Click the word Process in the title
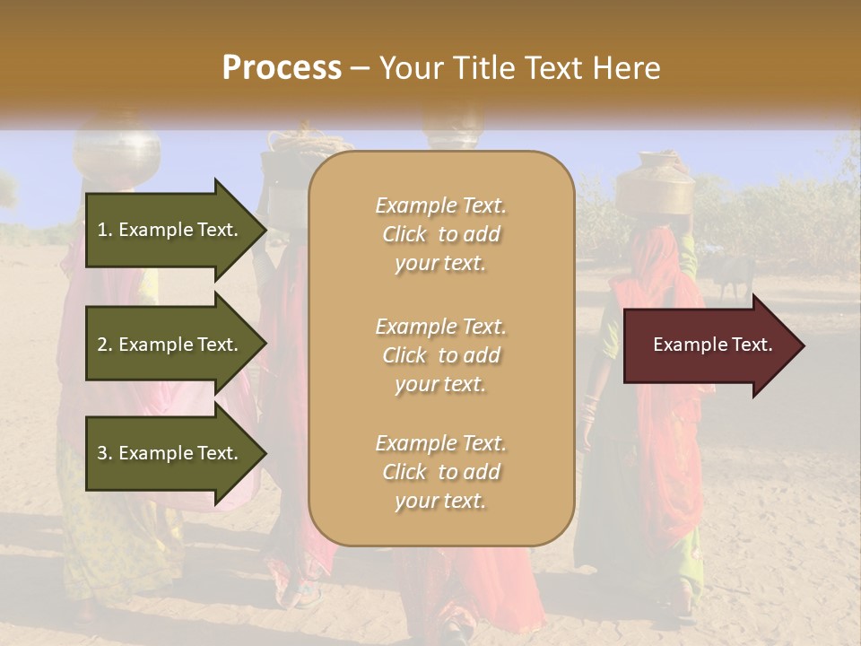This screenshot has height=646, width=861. click(282, 68)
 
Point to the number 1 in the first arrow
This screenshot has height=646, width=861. click(102, 230)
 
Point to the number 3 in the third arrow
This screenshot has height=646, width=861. click(102, 453)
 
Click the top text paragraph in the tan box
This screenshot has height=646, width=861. click(440, 234)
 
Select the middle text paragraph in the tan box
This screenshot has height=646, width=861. click(440, 355)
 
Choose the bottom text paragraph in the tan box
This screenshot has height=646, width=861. click(440, 472)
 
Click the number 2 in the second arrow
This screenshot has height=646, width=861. click(102, 345)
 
